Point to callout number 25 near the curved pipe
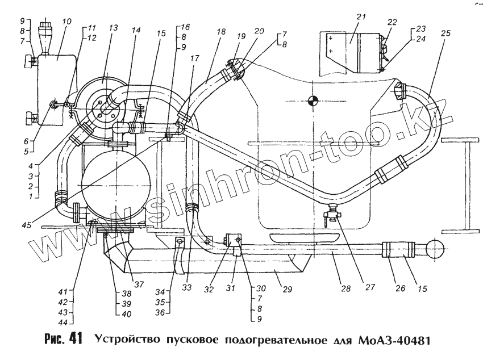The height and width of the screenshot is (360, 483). point(445,34)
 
